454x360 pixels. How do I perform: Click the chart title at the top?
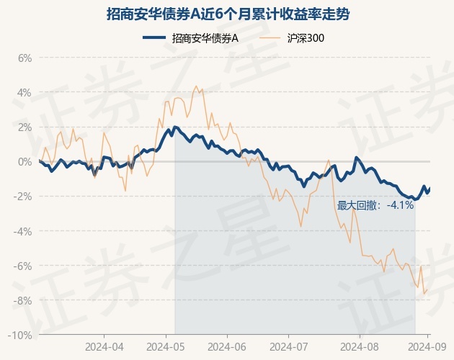click(x=227, y=14)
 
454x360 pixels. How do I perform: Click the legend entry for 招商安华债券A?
click(x=197, y=39)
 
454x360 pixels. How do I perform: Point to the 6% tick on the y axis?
click(x=25, y=58)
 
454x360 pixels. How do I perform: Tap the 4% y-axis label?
click(x=25, y=92)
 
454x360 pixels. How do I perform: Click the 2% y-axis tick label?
click(x=25, y=127)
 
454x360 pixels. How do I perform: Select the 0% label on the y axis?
click(x=25, y=161)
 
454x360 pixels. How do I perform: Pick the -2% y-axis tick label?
click(x=24, y=197)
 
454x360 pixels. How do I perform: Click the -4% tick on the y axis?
click(x=24, y=231)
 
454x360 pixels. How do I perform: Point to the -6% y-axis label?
click(x=24, y=266)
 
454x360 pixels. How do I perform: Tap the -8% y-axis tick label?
click(x=24, y=300)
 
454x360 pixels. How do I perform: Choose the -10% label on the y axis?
click(x=22, y=336)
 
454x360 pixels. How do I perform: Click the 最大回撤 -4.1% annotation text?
click(x=375, y=205)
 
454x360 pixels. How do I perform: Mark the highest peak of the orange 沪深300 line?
click(x=197, y=86)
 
